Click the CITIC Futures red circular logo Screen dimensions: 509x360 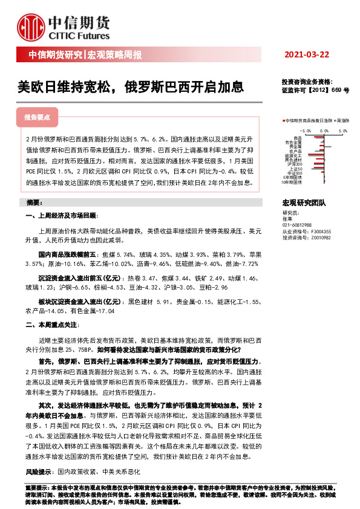[30, 25]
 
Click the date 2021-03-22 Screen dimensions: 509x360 [307, 55]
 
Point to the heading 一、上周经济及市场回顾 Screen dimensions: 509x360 [62, 216]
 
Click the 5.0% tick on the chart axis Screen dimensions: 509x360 [343, 129]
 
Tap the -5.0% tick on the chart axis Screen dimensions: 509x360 [306, 129]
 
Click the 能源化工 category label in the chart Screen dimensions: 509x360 [293, 155]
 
